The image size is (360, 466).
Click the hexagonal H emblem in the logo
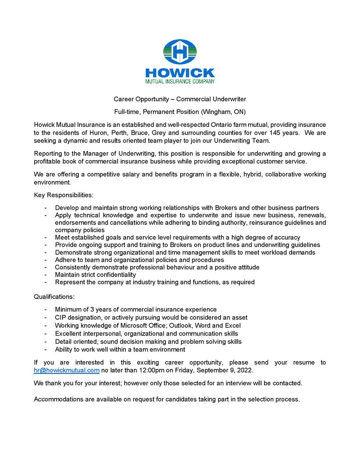180,52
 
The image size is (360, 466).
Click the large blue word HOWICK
180,73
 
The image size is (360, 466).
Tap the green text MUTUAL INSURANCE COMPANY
180,82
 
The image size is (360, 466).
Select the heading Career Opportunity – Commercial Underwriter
180,99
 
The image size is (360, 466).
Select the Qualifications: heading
54,297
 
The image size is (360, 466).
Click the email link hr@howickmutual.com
67,370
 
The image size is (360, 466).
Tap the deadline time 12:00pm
145,370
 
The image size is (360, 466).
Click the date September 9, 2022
226,370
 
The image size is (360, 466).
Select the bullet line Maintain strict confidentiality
96,275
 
